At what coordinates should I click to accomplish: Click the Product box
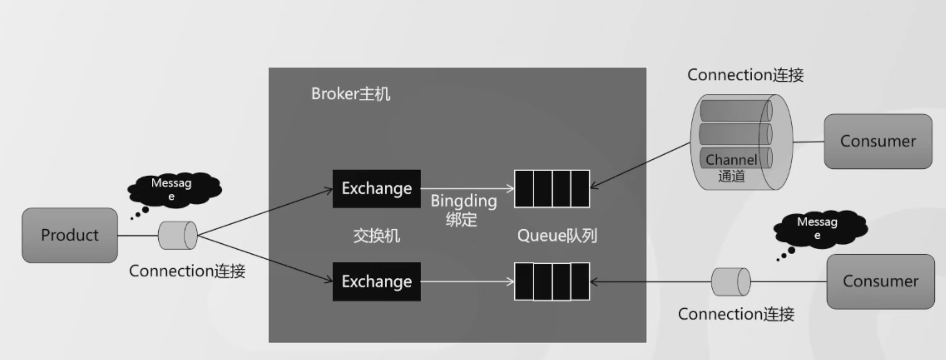(x=70, y=235)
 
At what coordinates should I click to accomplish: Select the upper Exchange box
(x=376, y=188)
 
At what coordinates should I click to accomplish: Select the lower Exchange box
(x=376, y=281)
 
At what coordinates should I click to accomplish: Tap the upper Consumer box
(x=878, y=141)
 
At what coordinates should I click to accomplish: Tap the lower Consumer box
(x=880, y=281)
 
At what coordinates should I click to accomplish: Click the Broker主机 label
(x=350, y=94)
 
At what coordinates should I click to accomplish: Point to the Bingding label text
(x=464, y=201)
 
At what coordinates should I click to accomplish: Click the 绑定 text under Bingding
(x=461, y=220)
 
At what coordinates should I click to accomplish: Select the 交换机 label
(x=376, y=235)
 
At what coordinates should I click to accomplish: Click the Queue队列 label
(x=557, y=235)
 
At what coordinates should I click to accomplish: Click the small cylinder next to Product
(x=178, y=235)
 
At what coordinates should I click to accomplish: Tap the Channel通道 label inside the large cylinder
(x=731, y=168)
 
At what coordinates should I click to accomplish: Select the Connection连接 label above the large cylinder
(x=745, y=75)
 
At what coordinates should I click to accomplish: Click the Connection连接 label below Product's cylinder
(x=187, y=271)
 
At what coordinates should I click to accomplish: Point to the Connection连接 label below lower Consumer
(x=736, y=314)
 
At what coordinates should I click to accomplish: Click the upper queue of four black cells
(x=552, y=189)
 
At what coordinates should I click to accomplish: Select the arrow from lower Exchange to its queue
(x=466, y=282)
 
